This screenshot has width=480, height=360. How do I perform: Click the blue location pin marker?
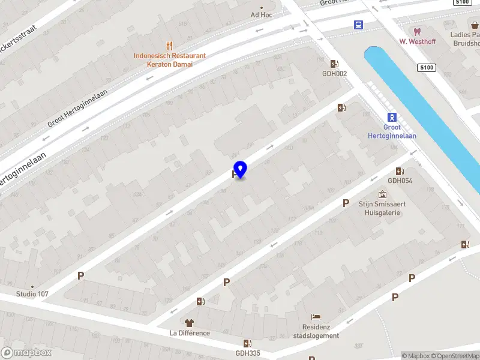[240, 170]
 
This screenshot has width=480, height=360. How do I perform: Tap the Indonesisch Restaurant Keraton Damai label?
[170, 59]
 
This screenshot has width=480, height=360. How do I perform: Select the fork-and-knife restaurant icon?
[170, 45]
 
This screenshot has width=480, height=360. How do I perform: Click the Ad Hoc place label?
[262, 15]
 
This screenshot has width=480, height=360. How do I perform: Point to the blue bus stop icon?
[358, 25]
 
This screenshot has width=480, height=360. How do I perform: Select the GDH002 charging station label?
[334, 73]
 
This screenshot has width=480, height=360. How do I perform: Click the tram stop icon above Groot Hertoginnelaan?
[392, 117]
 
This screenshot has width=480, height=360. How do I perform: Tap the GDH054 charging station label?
[400, 181]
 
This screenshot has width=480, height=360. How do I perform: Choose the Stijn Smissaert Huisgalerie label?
[383, 208]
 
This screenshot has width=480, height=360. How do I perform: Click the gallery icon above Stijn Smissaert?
[383, 194]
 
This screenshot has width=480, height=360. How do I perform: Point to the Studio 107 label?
[32, 294]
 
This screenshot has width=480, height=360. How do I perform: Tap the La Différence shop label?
[190, 333]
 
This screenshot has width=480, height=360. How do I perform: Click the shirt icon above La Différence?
[190, 323]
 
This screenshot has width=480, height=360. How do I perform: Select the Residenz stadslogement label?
[316, 332]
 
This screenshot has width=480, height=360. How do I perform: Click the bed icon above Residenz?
[316, 317]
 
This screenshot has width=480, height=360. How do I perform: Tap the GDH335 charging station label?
[248, 353]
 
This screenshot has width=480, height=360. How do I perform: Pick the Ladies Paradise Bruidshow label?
[465, 38]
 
